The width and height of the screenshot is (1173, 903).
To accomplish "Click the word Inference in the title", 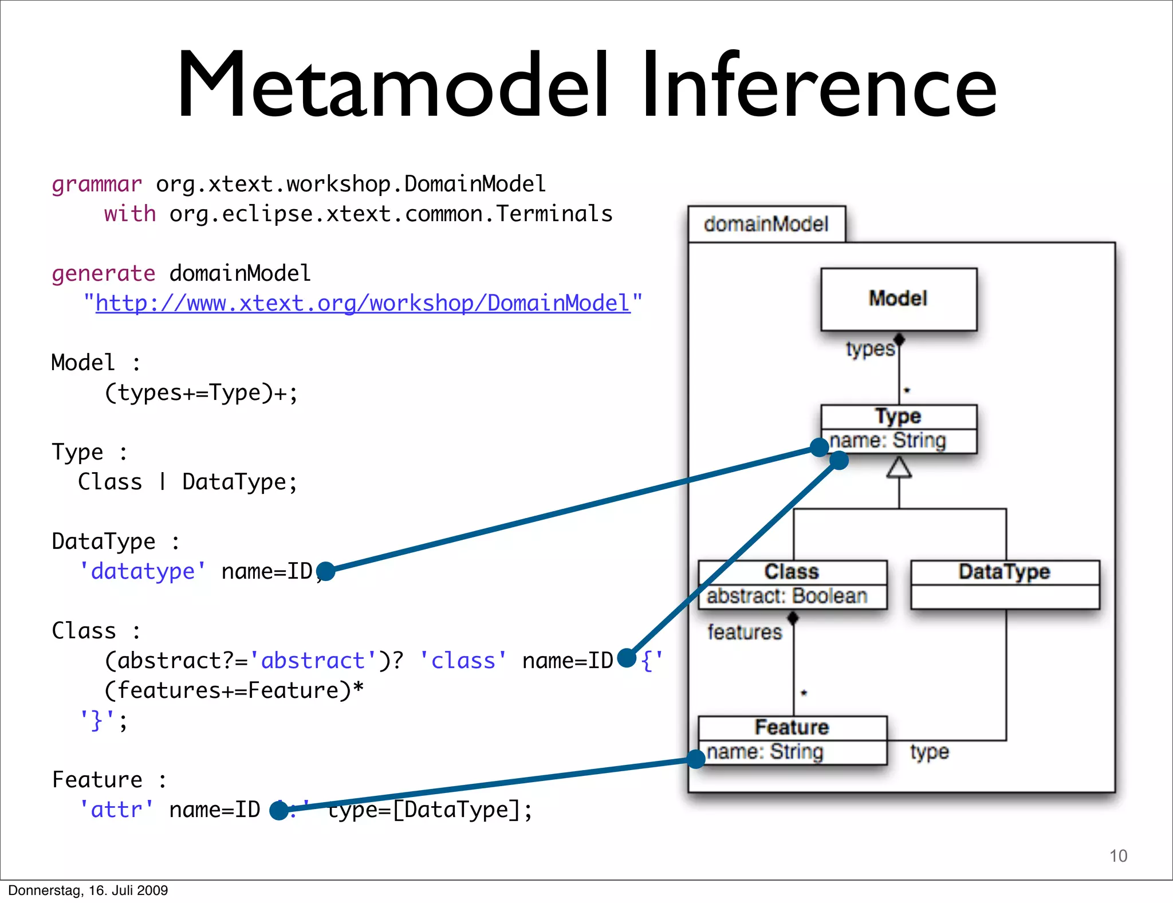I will tap(819, 86).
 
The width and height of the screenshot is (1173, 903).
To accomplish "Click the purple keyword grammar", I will tap(96, 184).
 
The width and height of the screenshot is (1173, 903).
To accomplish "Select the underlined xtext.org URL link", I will tap(363, 303).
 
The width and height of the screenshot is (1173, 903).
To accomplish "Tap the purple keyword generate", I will tap(103, 273).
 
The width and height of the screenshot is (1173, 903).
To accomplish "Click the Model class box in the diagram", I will tap(898, 299).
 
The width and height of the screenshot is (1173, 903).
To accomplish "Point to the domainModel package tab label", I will tap(766, 224).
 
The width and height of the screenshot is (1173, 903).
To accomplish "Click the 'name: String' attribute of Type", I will tap(888, 441).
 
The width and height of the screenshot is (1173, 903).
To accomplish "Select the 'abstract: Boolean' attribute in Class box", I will tap(787, 596).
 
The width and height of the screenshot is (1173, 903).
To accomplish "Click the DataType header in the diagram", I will tap(1004, 572).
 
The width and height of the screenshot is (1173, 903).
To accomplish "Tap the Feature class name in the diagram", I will tap(792, 727).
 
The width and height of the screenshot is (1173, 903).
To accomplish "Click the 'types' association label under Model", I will tap(870, 349).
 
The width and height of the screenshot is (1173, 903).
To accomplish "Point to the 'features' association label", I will tap(745, 632).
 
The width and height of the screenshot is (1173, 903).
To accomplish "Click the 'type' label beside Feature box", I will tap(930, 752).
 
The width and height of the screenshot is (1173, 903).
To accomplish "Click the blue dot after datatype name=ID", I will tap(325, 571).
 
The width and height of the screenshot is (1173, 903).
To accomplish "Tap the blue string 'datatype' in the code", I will tap(143, 571).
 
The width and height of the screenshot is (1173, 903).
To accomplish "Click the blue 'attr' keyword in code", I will tap(117, 810).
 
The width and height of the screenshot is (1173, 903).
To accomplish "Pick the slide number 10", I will tap(1118, 856).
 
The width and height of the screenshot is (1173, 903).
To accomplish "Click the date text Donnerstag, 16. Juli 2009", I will tap(88, 890).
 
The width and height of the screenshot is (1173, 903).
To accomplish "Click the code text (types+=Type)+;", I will tap(201, 393).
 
